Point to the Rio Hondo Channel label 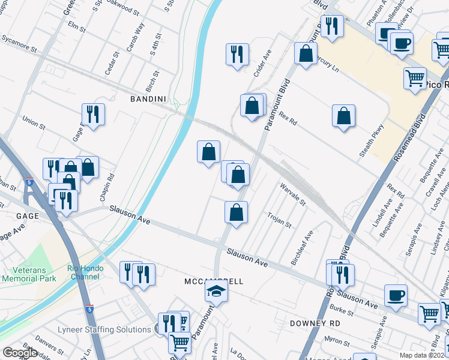click(x=85, y=272)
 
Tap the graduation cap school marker click(x=217, y=292)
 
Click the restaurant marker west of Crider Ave click(x=237, y=55)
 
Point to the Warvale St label click(x=292, y=194)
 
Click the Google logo click(x=20, y=353)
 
